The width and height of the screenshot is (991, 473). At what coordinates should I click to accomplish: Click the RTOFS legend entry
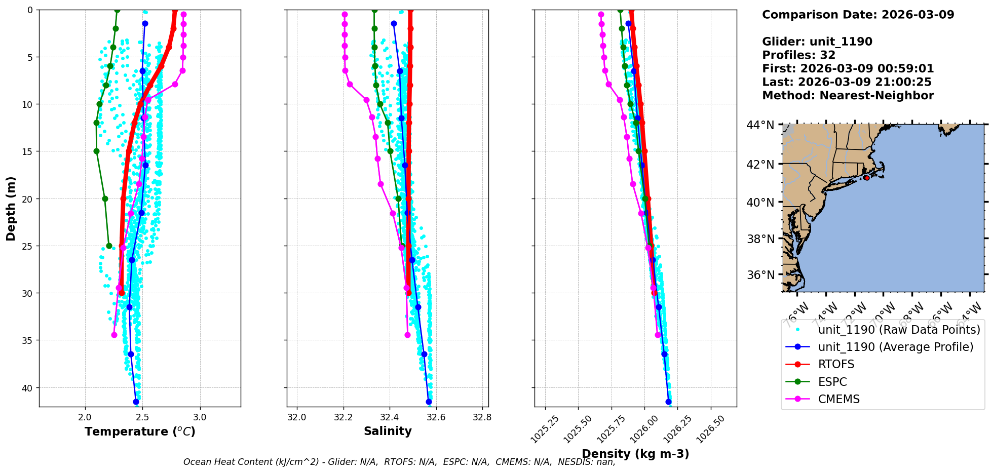pos(836,364)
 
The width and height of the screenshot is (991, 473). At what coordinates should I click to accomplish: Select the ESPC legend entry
pos(832,382)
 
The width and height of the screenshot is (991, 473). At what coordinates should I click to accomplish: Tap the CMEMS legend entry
pos(838,399)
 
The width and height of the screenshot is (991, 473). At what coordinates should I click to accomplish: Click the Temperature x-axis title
pos(140,431)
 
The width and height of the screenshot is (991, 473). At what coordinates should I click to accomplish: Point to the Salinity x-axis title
pos(388,431)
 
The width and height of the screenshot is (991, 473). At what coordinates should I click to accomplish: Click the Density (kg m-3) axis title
pos(635,454)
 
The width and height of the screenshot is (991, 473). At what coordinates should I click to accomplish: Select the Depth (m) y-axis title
pos(11,208)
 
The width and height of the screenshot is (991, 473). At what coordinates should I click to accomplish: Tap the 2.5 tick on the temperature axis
pos(142,417)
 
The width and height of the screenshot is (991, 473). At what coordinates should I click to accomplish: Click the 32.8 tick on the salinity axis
pos(482,417)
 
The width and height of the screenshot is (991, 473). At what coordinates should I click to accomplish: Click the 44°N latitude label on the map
pos(760,125)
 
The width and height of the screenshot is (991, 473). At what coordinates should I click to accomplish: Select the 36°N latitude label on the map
pos(760,275)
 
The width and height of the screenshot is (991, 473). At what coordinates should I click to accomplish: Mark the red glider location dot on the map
pos(866,178)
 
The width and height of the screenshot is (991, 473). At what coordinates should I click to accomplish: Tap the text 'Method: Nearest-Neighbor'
pos(848,96)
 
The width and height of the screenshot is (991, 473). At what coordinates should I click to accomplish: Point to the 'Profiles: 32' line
pos(798,55)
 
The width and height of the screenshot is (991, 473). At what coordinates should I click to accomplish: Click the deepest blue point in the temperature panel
pos(136,402)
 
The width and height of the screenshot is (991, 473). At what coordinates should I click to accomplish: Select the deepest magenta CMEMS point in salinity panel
pos(407,335)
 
